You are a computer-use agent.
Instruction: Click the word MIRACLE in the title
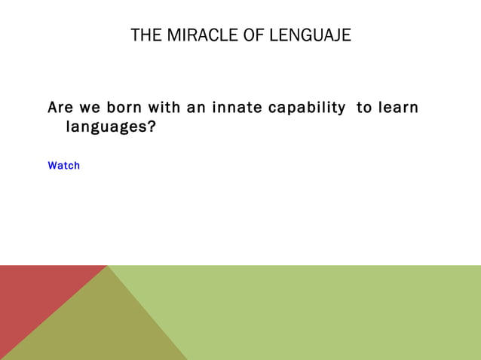tap(198, 35)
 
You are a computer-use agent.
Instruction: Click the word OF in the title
tap(253, 35)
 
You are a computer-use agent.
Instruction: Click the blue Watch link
tap(63, 166)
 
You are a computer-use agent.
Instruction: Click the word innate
tap(237, 108)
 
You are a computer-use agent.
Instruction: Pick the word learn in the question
tap(397, 108)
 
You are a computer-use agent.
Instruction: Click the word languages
tap(106, 127)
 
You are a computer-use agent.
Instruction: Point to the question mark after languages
tap(152, 127)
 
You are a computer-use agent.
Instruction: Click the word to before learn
tap(364, 108)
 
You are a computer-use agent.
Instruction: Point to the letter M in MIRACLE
tap(172, 35)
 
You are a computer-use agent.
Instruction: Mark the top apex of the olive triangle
tap(108, 266)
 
